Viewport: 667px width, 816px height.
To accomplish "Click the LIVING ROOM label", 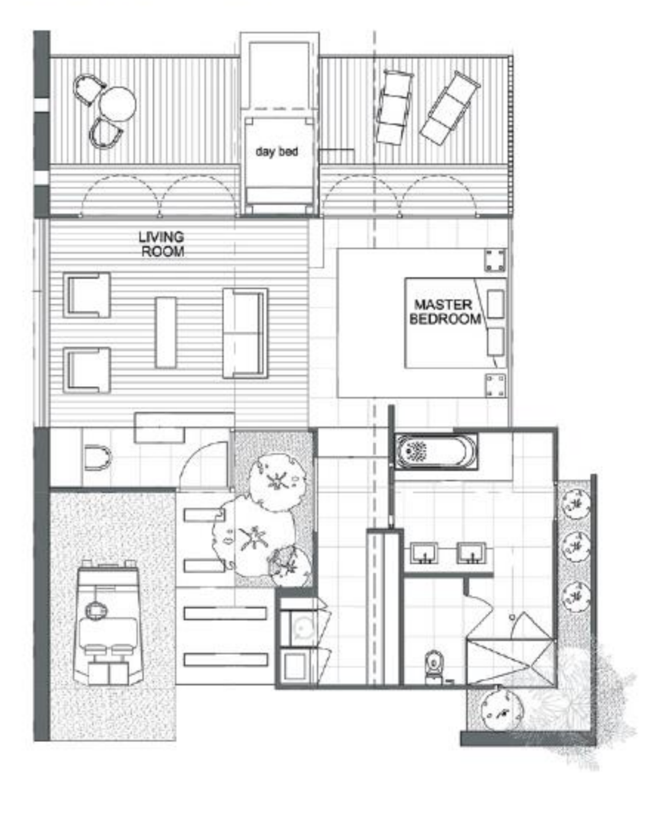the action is (x=162, y=244).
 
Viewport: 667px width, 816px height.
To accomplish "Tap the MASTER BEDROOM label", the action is (x=445, y=312).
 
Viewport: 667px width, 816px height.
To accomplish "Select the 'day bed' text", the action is (x=277, y=151).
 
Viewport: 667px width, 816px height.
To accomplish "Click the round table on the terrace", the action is (x=117, y=104).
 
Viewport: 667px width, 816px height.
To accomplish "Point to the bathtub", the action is (x=435, y=451).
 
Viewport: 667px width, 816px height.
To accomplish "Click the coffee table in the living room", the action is (x=166, y=333).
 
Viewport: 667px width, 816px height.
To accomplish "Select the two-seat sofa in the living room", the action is (x=245, y=333).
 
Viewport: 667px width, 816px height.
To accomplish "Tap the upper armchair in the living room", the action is (x=86, y=295).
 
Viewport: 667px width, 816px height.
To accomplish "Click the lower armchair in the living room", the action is (x=86, y=370).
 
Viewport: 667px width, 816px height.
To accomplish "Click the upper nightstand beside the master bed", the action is (x=495, y=261).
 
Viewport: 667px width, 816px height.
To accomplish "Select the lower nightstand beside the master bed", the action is (x=495, y=385).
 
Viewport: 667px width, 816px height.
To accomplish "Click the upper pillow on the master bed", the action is (x=495, y=304).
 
